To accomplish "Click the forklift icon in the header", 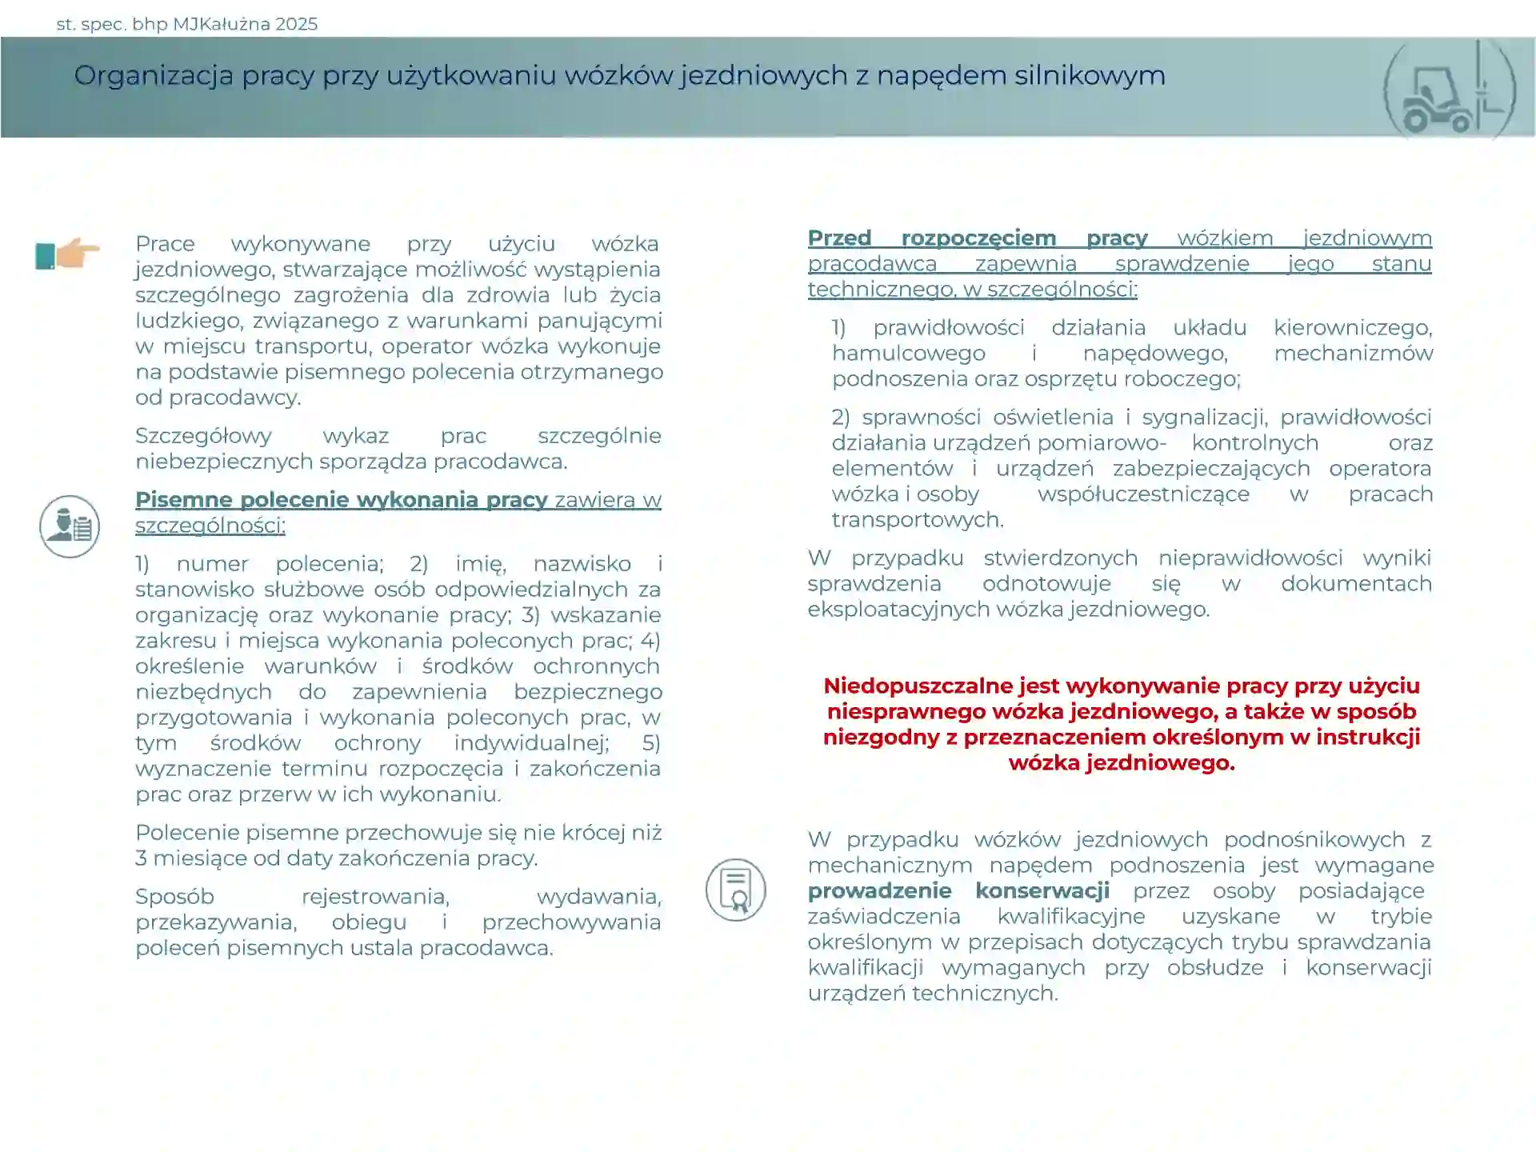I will tap(1448, 90).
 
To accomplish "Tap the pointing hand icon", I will tap(69, 254).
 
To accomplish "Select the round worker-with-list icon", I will tap(70, 526).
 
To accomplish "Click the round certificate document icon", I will tap(735, 890).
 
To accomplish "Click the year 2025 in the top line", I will tap(296, 24).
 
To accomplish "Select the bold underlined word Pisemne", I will tap(183, 500).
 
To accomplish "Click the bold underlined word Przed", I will tap(839, 238).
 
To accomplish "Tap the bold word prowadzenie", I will tap(879, 890).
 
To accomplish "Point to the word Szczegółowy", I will tap(203, 436).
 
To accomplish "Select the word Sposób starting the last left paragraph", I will tap(174, 897).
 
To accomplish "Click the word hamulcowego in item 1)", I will tap(908, 354).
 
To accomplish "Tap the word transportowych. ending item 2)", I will tap(917, 520).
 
